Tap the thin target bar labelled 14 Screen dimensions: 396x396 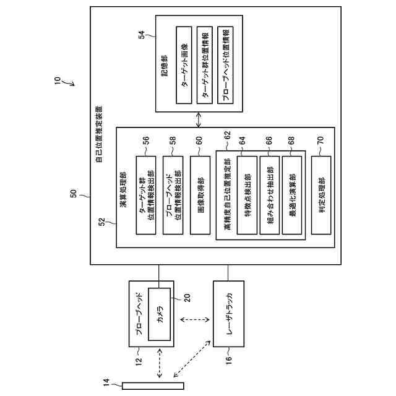153,387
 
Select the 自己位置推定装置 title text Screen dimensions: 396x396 100,134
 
